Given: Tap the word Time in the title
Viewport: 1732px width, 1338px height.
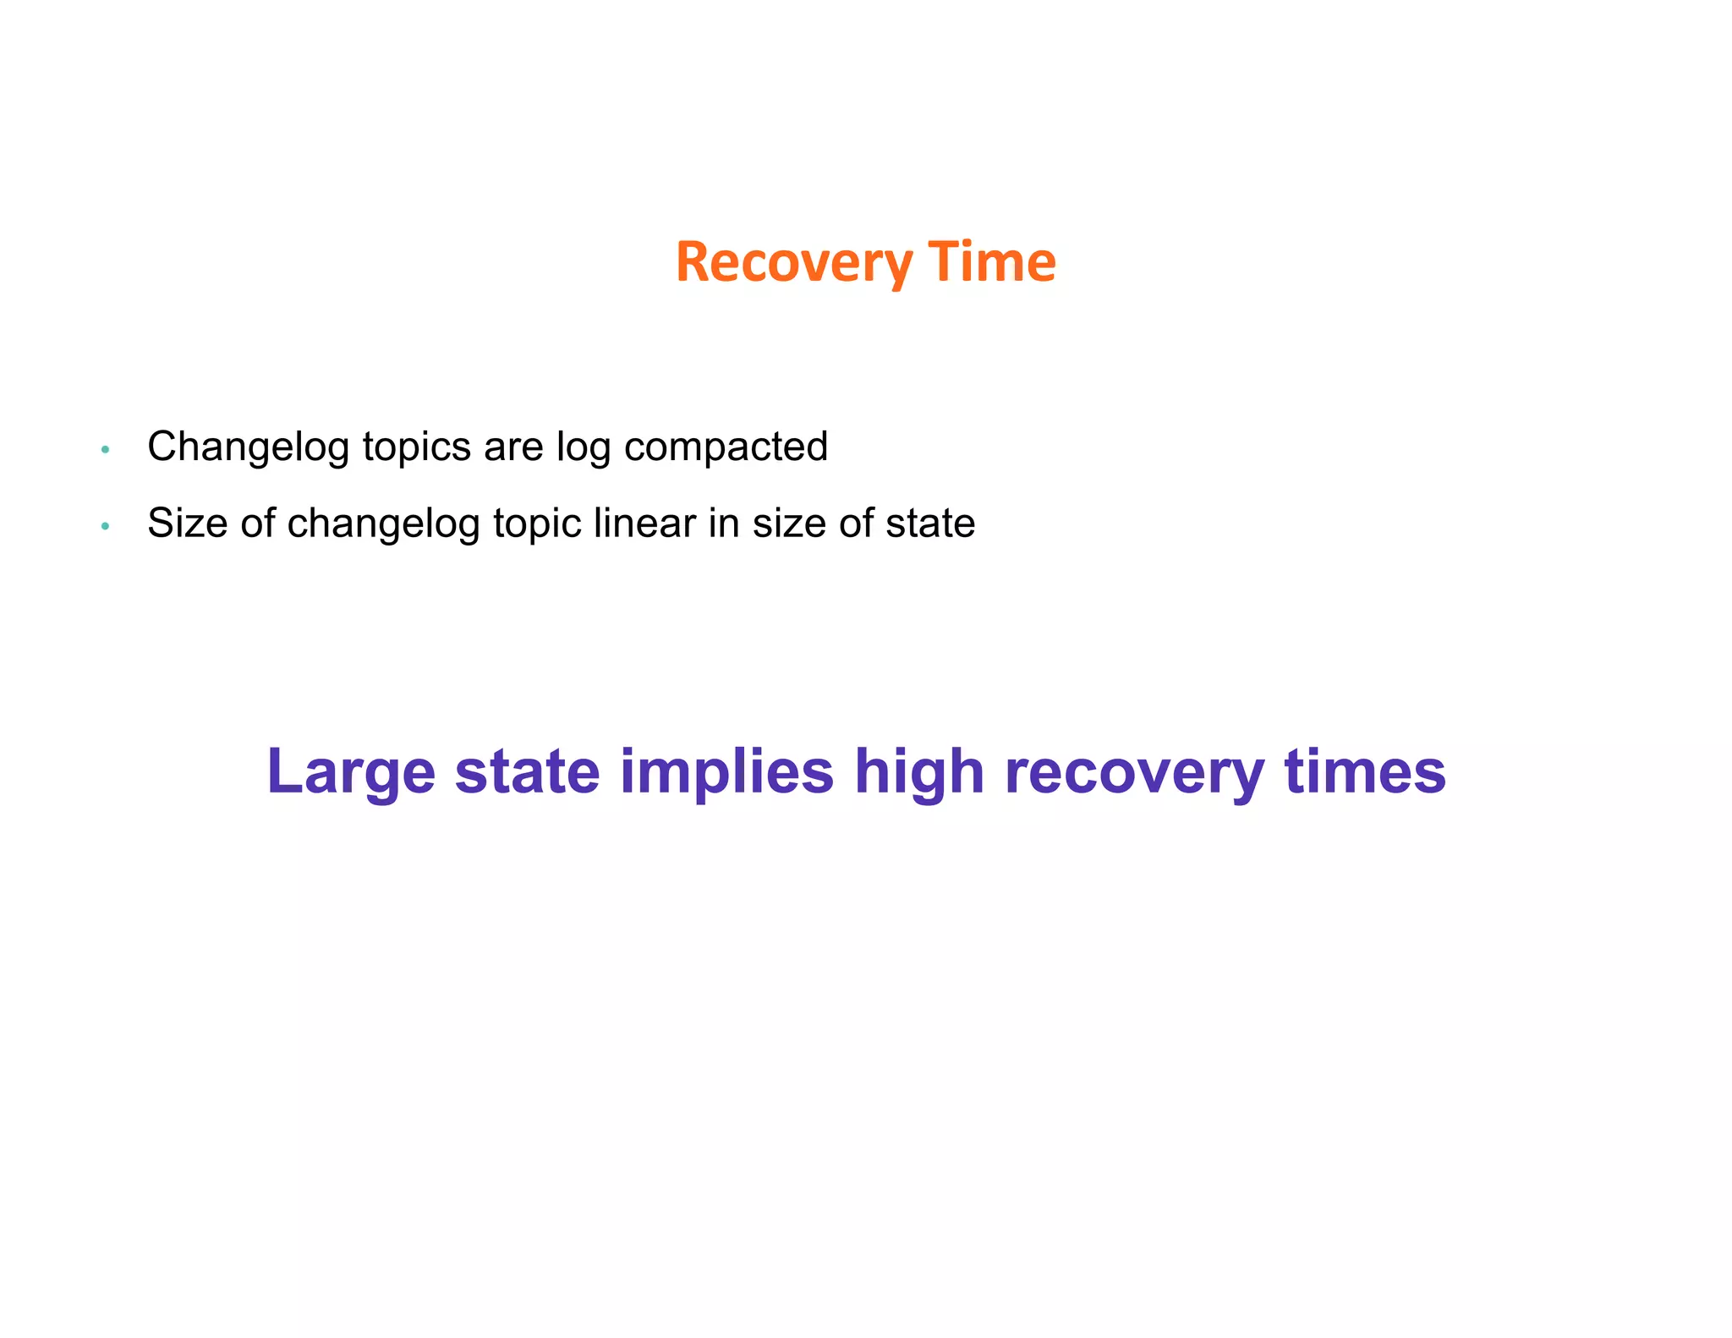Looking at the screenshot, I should coord(992,261).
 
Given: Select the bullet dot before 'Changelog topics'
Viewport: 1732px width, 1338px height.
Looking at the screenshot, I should coord(105,450).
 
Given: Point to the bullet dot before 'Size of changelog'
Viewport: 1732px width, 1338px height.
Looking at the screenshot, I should coord(105,526).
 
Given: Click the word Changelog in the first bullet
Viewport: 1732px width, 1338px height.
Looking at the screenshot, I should coord(248,447).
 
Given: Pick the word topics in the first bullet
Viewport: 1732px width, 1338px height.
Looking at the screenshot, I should coord(416,447).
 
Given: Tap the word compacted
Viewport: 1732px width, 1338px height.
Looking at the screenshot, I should coord(726,447).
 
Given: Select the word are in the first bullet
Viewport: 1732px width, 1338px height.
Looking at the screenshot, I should coord(513,447).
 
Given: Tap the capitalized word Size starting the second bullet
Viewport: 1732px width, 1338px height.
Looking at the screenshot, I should coord(187,523).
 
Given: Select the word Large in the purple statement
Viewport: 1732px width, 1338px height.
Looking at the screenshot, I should coord(351,772).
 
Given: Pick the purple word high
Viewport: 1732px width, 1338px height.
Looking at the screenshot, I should coord(919,772).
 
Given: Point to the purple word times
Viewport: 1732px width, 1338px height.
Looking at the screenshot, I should coord(1364,770).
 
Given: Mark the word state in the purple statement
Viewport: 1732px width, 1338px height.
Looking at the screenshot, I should coord(527,770).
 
